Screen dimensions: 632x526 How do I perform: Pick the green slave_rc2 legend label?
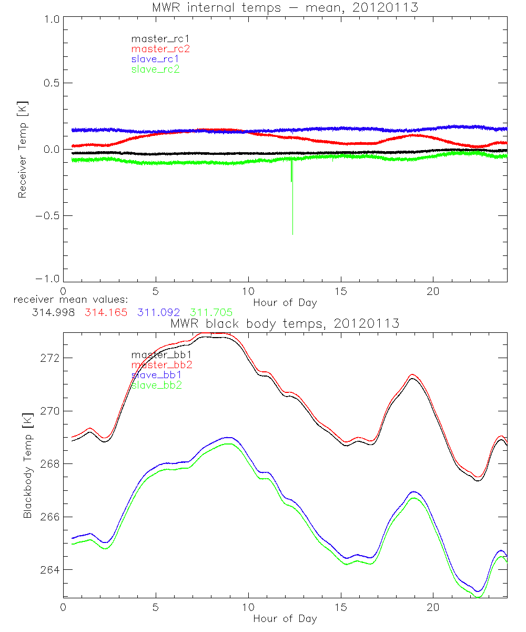(x=155, y=69)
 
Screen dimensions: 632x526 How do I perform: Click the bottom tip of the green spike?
(x=292, y=234)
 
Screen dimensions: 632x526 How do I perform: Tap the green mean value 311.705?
(x=211, y=312)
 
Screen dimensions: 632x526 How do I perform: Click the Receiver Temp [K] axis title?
(x=23, y=149)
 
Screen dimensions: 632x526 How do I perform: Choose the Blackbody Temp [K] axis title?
(x=27, y=465)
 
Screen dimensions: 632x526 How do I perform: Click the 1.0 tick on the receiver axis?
(x=52, y=17)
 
